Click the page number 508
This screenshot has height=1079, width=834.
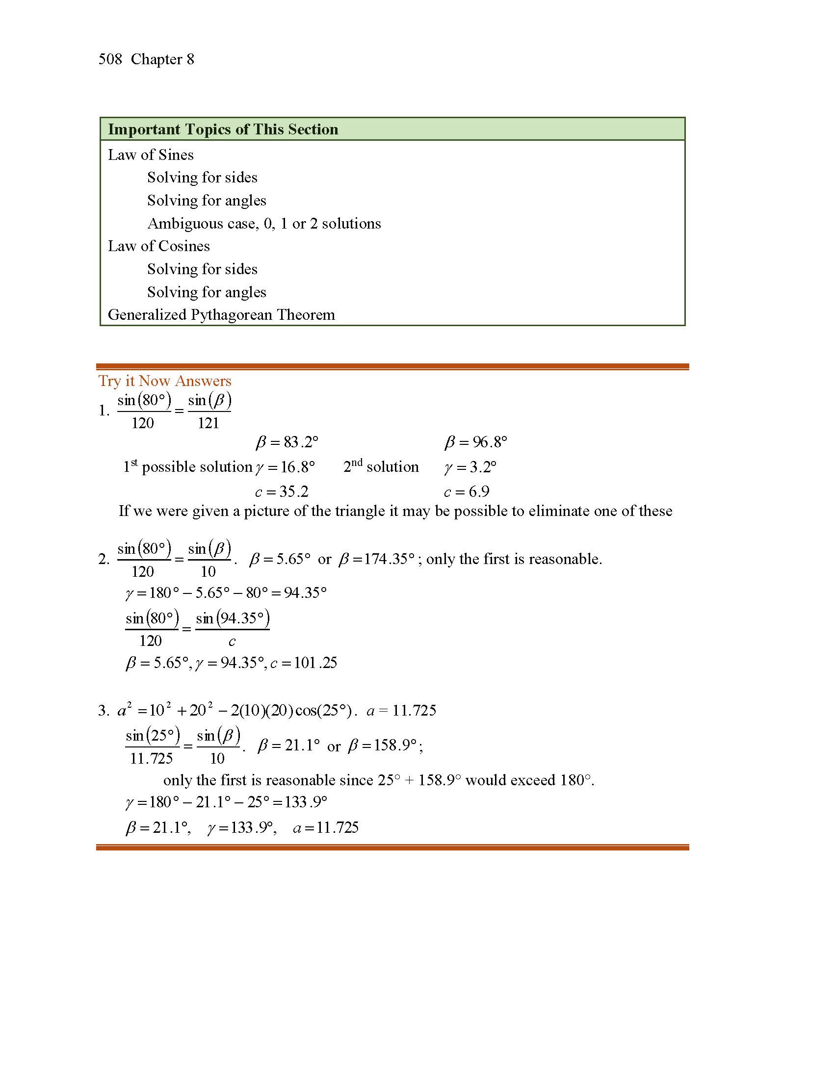coord(110,59)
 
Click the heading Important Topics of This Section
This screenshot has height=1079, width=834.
coord(223,129)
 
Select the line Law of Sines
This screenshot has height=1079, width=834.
coord(151,155)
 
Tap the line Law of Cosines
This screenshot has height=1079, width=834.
coord(158,246)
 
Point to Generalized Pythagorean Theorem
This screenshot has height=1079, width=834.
coord(221,315)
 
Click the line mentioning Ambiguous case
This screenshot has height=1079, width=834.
coord(264,224)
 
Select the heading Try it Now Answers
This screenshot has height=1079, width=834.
coord(164,381)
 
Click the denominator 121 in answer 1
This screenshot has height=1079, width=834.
coord(208,423)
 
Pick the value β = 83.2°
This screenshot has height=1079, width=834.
coord(287,442)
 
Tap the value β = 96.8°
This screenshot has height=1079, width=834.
coord(475,442)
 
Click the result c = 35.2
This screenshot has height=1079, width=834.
coord(282,491)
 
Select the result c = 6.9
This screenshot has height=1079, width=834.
coord(467,491)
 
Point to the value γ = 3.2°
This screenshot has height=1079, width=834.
coord(470,467)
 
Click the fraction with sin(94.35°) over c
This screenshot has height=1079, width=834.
coord(232,629)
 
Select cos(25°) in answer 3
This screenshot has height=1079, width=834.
coord(324,711)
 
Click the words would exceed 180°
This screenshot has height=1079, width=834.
coord(529,780)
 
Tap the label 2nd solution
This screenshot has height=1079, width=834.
coord(381,467)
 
